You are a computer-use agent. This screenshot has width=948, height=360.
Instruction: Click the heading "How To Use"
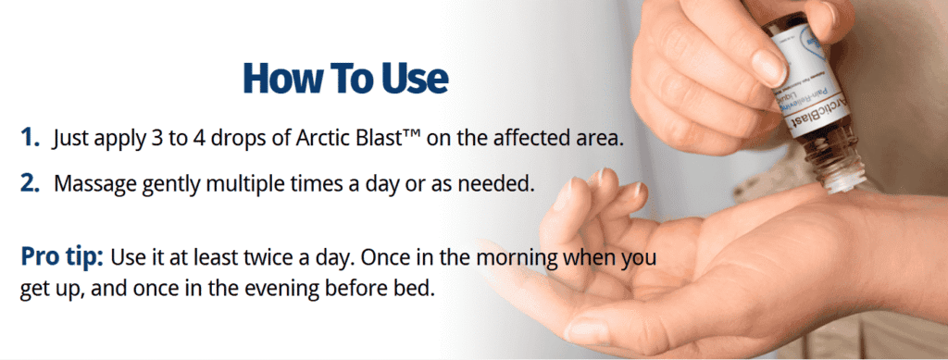click(344, 78)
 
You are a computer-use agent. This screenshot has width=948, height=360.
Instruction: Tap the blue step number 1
click(30, 139)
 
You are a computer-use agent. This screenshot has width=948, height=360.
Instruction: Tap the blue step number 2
click(30, 182)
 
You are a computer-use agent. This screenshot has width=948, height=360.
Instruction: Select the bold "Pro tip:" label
click(63, 255)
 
